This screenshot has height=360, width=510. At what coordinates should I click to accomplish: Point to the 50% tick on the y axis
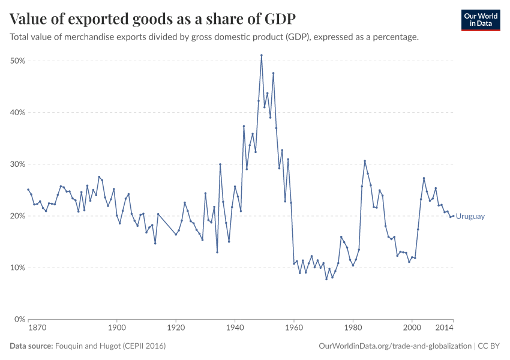(17, 61)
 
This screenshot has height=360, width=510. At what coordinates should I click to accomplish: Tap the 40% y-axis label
(17, 112)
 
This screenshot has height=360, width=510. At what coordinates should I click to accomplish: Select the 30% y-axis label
(17, 164)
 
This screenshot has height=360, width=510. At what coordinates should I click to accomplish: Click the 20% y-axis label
(17, 215)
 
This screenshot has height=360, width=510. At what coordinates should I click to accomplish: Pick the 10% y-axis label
(17, 267)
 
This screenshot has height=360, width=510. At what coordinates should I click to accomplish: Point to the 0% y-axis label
(19, 319)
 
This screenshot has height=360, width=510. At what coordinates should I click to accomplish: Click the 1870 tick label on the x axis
(37, 328)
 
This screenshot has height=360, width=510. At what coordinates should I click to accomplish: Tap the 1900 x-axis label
(116, 328)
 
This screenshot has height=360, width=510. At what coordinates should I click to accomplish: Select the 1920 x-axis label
(175, 328)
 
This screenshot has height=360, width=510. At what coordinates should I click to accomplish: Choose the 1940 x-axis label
(235, 328)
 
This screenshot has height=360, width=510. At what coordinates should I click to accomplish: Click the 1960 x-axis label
(293, 328)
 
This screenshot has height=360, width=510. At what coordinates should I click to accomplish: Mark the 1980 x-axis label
(352, 328)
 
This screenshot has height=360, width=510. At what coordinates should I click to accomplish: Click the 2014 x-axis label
(445, 328)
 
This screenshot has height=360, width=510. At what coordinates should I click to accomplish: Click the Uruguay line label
(470, 217)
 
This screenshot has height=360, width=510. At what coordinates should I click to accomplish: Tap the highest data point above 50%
(262, 55)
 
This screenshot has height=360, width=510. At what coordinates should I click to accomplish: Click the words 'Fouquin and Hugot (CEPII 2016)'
(110, 346)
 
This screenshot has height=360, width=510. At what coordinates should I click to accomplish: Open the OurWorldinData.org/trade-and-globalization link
(393, 346)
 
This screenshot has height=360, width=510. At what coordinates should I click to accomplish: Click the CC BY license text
(488, 346)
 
